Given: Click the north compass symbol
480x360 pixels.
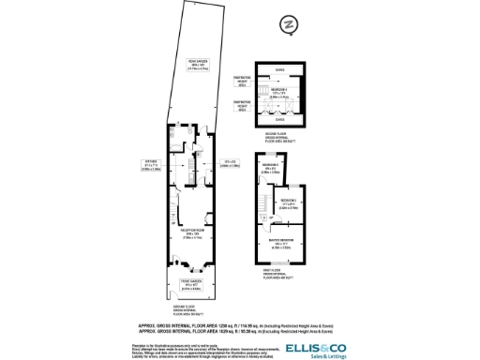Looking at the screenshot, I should pyautogui.click(x=290, y=22).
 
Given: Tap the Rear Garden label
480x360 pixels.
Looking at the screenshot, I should pyautogui.click(x=198, y=65).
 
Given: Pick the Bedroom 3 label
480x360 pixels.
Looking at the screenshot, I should pyautogui.click(x=290, y=202).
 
